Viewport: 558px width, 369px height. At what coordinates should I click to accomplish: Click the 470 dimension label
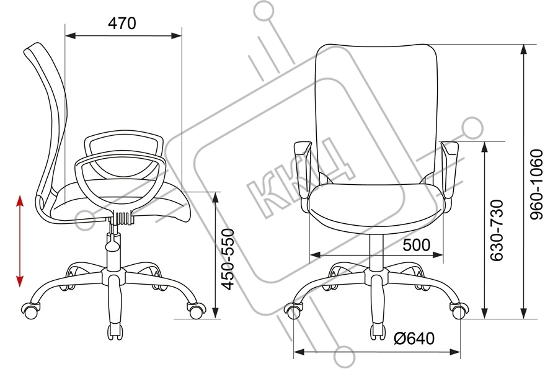coord(122,24)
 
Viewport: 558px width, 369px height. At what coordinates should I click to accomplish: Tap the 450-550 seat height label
coord(228,259)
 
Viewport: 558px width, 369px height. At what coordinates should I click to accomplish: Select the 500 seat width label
coord(417,245)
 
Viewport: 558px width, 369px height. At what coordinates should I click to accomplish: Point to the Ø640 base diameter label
coord(414,338)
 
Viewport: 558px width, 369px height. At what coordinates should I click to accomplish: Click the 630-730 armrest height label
coord(497,231)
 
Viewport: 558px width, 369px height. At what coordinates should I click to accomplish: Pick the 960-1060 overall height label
coord(536,185)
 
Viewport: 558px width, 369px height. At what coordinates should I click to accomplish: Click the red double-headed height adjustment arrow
coord(20,241)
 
